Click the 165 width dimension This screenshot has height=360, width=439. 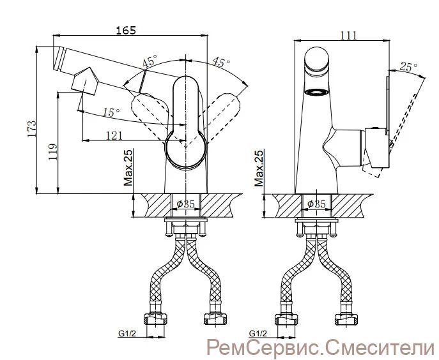pos(126,30)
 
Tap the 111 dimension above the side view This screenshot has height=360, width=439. pos(348,36)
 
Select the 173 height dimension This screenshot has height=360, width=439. pos(31,129)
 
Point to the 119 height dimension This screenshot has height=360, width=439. pos(52,152)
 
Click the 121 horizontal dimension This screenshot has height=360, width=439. pos(114,136)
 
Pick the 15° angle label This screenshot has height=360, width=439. pos(111,112)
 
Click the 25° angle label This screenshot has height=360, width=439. pos(408,66)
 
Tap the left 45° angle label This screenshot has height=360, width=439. pos(150,61)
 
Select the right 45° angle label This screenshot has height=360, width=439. pos(221,62)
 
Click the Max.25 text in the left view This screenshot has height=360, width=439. pos(128,168)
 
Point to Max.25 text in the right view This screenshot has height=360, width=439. pos(259,168)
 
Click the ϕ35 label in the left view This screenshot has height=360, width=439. pos(185,204)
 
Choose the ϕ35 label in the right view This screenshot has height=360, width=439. pos(316,204)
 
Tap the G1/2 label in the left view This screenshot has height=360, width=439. pos(127,333)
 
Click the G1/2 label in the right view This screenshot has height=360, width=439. pos(258,333)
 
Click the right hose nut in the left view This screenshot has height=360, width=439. pos(215,319)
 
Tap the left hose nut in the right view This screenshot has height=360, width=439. pos(286,319)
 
